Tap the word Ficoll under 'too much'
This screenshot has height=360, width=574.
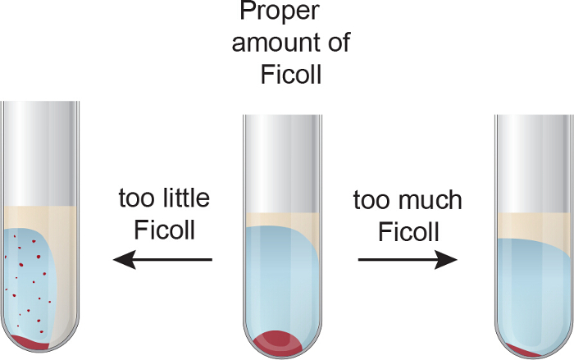(409, 231)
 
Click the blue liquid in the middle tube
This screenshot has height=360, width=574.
(279, 279)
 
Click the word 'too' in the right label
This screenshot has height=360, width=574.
(367, 200)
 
